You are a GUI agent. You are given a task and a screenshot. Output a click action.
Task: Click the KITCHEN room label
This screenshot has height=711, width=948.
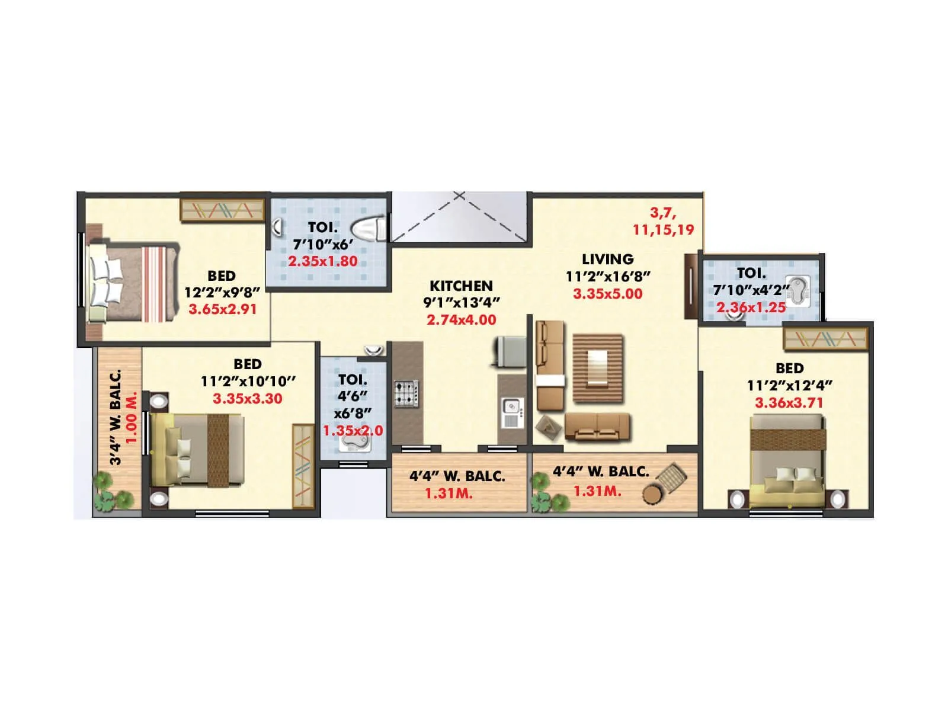461,286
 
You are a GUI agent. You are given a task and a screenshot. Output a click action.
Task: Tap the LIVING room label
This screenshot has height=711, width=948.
607,259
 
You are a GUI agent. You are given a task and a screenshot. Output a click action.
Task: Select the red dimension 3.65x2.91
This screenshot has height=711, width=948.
223,309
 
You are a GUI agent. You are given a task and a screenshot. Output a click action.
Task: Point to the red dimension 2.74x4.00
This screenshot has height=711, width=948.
462,320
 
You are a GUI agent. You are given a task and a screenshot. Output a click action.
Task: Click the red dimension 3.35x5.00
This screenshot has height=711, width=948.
607,293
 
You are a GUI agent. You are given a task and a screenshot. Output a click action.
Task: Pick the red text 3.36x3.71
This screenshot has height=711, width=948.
789,403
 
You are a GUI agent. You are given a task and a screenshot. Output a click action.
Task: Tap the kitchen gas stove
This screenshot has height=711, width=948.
406,394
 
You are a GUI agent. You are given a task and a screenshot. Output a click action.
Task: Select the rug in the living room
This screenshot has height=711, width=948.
598,368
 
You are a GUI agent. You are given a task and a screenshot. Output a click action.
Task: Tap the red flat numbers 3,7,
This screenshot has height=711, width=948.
663,213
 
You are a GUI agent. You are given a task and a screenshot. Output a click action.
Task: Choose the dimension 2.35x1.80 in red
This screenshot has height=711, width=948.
323,261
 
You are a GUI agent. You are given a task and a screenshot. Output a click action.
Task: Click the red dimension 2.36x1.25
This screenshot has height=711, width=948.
751,307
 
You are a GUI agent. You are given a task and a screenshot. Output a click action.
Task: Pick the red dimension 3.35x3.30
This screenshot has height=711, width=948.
248,399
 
